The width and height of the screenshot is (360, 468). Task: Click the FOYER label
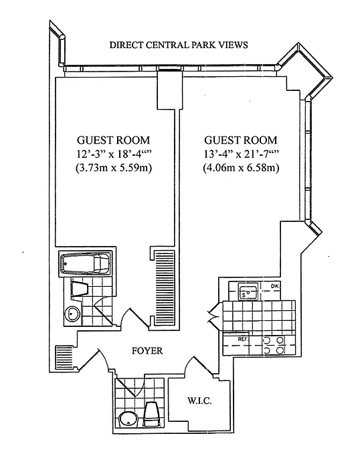147,351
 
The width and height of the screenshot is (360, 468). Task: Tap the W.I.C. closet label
199,400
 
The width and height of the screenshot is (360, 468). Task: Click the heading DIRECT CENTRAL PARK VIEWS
179,45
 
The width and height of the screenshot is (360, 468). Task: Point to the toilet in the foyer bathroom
151,415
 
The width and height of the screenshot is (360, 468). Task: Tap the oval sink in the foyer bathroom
128,420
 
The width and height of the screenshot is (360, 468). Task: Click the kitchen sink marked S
248,292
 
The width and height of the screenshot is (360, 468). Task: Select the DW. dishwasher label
275,287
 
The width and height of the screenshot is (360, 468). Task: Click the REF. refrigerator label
242,339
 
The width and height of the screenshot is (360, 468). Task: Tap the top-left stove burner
266,340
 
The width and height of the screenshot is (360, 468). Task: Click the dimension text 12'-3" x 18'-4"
114,154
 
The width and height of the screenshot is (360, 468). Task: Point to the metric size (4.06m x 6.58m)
241,168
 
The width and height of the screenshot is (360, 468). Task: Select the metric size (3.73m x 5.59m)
114,168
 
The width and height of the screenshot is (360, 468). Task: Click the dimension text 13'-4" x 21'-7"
241,154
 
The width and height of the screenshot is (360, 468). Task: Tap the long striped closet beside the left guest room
164,287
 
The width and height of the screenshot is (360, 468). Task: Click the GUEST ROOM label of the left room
114,140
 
